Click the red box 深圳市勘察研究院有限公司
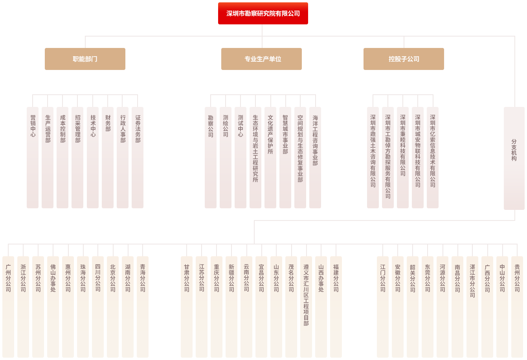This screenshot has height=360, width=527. coord(263,13)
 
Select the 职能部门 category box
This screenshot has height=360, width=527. coord(85,59)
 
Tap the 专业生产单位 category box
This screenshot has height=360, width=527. coord(261,59)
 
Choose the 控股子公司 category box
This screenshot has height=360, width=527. coord(404,59)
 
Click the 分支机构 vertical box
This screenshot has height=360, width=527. coord(514,158)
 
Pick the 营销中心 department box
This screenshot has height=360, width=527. coord(33,158)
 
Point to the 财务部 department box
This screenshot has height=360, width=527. coord(108,158)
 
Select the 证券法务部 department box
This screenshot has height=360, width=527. coord(138,158)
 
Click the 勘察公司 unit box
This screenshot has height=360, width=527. coord(211,158)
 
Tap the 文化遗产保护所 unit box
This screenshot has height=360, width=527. coord(270,158)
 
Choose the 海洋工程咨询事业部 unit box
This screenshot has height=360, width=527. coord(315,158)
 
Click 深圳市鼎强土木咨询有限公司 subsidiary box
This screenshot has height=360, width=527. coord(373,158)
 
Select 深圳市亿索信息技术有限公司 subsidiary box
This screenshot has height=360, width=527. coord(433,158)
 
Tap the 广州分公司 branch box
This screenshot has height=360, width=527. coord(8,307)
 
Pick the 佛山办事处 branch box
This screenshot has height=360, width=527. coord(53,307)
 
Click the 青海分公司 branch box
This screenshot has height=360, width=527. coord(143,307)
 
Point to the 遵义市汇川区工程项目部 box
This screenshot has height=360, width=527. coord(306,307)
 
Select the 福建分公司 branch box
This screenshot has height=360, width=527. coord(336,307)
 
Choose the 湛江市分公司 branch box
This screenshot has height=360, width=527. coord(472,307)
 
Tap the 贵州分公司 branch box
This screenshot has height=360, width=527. coord(517,307)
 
